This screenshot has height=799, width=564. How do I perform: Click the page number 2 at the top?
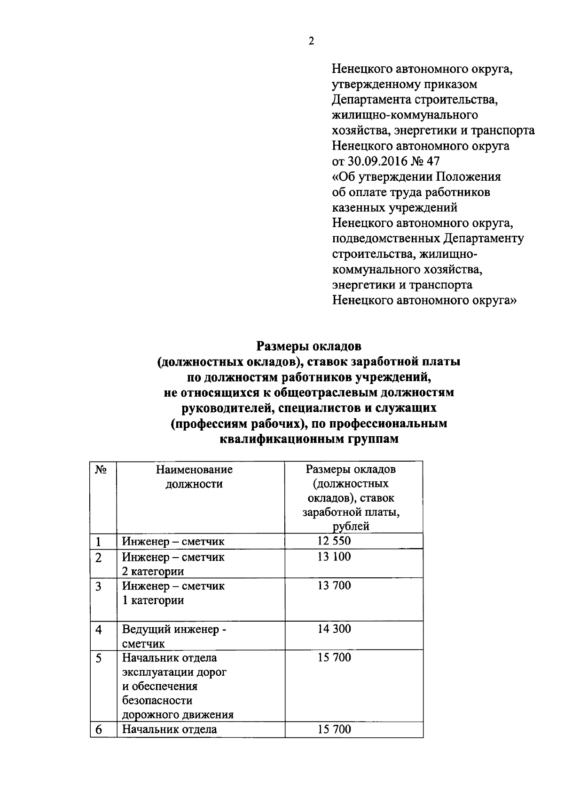pyautogui.click(x=311, y=41)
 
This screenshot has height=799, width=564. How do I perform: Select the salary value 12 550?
pyautogui.click(x=334, y=541)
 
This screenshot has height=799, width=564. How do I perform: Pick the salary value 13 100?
pyautogui.click(x=334, y=557)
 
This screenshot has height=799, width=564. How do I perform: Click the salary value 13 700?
pyautogui.click(x=334, y=585)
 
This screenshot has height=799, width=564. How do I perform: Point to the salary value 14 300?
pyautogui.click(x=334, y=629)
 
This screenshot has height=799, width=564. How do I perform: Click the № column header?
pyautogui.click(x=99, y=470)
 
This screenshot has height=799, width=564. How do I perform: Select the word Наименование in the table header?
pyautogui.click(x=194, y=470)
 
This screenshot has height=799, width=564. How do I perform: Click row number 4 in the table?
pyautogui.click(x=99, y=630)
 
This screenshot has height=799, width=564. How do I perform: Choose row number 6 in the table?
pyautogui.click(x=99, y=730)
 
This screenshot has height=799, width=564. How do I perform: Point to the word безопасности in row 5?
pyautogui.click(x=157, y=701)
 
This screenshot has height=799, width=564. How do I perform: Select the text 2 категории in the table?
pyautogui.click(x=153, y=571)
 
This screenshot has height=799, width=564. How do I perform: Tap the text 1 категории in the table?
pyautogui.click(x=153, y=600)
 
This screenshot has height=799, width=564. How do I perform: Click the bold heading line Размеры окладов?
pyautogui.click(x=309, y=347)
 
